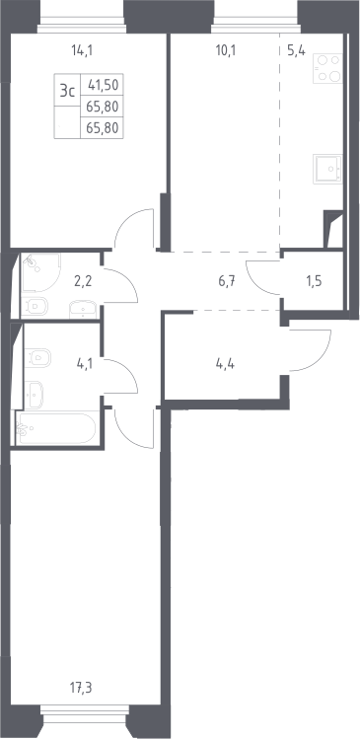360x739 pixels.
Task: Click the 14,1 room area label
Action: coord(82,50)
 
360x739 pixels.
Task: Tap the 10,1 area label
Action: coord(226,50)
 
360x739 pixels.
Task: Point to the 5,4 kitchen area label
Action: coord(297,50)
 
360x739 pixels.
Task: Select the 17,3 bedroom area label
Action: coord(82,688)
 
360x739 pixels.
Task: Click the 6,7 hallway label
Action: coord(227,281)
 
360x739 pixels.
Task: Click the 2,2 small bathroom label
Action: coord(83,281)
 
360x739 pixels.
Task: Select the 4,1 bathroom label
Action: coord(85,364)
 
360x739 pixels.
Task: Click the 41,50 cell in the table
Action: coord(102,86)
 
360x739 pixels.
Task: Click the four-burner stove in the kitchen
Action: coord(328,68)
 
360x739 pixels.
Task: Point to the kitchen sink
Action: coord(328,169)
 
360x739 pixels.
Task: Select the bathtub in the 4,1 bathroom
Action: coord(57,428)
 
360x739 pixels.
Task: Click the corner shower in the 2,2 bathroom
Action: coord(40,272)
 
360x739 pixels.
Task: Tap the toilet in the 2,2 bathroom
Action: coord(35,306)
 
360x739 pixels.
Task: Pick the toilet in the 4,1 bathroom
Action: coord(37,359)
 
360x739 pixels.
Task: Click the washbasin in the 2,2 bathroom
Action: coord(84,310)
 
